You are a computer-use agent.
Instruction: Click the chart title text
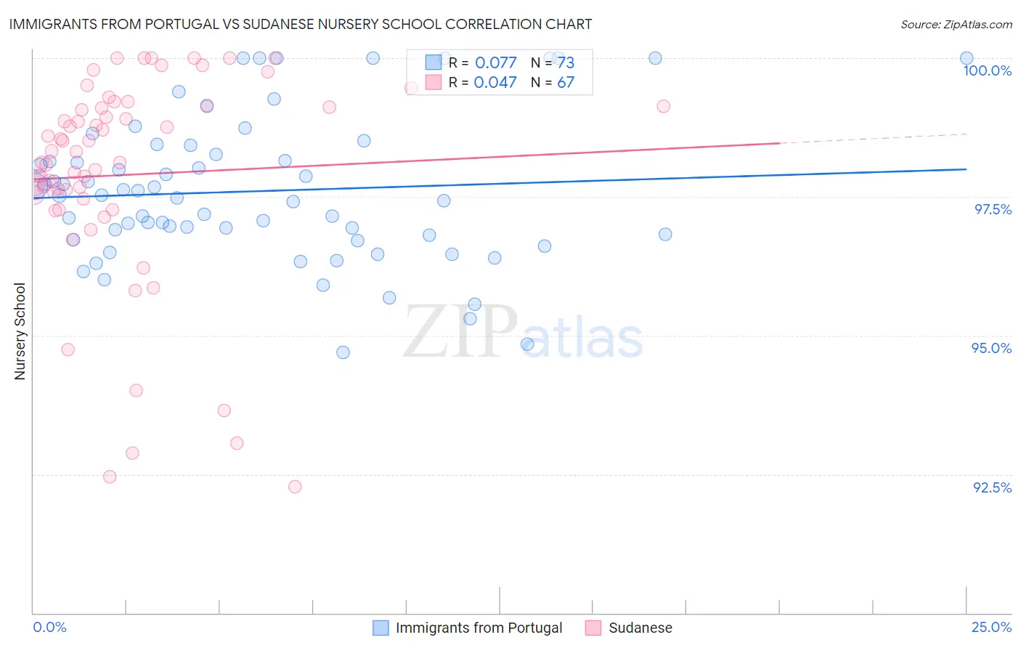pos(301,24)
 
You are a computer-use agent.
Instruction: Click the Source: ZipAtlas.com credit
pos(956,24)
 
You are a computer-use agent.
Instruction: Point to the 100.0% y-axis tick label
pos(987,70)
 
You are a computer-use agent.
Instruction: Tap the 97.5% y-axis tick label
pos(993,209)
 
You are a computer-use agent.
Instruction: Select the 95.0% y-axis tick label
pos(991,348)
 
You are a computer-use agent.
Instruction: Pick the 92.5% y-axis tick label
pos(992,487)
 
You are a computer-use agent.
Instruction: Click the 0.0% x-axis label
pos(49,627)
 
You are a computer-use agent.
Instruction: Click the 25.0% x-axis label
pos(991,627)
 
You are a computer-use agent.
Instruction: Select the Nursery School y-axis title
pos(20,331)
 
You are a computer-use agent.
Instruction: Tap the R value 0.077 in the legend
pos(495,63)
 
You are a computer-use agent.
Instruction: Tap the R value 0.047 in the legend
pos(495,83)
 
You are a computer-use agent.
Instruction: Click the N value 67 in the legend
pos(566,83)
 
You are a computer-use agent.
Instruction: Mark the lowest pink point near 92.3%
pos(295,487)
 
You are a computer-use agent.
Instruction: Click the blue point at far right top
pos(967,58)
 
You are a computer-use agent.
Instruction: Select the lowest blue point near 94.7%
pos(343,352)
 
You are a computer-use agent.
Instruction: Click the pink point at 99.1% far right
pos(663,106)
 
